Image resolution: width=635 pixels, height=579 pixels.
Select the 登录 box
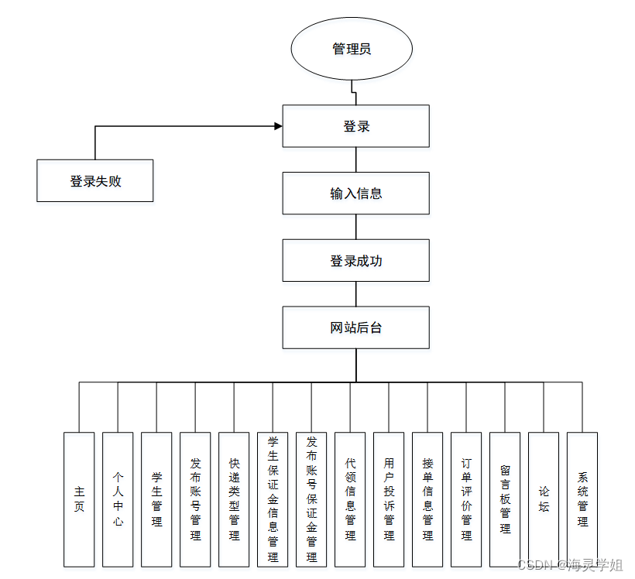click(355, 126)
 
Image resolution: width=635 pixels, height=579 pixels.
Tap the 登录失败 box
click(95, 181)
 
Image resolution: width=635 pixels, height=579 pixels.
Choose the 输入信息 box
click(355, 194)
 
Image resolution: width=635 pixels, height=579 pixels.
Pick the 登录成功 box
click(355, 261)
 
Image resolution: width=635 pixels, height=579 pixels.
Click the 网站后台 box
click(355, 327)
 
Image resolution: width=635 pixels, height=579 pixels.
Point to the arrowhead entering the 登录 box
click(277, 125)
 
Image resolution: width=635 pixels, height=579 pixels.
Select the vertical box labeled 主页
click(79, 499)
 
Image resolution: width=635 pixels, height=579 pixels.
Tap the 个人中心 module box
click(118, 499)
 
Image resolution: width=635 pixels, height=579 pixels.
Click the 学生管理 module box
click(156, 499)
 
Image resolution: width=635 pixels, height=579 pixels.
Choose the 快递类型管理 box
click(234, 499)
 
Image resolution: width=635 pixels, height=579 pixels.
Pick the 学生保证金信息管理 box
click(273, 499)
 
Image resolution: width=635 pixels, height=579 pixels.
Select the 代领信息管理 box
click(350, 499)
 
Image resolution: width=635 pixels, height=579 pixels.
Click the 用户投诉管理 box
click(389, 499)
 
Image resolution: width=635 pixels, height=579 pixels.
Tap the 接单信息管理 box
click(427, 499)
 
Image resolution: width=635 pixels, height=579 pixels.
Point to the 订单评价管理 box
click(466, 499)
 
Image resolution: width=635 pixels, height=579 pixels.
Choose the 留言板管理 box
click(505, 499)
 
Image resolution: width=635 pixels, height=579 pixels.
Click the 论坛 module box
click(544, 499)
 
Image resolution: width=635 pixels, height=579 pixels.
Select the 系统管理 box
click(582, 499)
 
